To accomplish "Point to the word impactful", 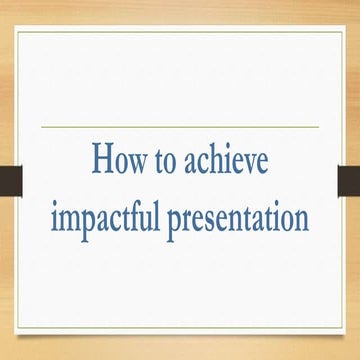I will click(x=106, y=219).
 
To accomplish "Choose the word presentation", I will click(x=239, y=219).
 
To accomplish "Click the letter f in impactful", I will click(x=137, y=215).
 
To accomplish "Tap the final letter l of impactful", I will click(x=158, y=215).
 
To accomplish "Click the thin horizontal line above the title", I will click(x=180, y=127).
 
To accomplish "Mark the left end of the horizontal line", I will click(x=42, y=127).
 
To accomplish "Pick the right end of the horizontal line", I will click(x=318, y=127).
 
